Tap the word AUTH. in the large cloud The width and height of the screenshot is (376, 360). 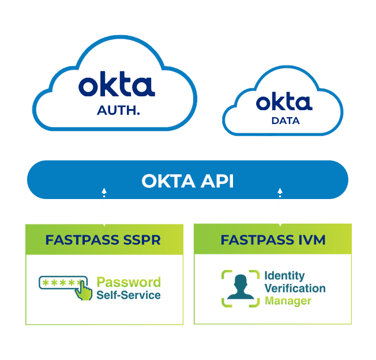point(119,110)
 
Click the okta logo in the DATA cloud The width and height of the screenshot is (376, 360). point(284,103)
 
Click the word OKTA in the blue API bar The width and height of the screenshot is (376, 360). point(167,181)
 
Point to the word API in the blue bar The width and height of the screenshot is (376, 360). point(216,181)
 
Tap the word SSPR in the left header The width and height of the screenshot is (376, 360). point(142,240)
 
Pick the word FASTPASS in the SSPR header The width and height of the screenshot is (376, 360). point(80,240)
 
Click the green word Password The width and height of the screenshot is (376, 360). point(129,283)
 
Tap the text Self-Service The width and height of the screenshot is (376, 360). point(129,295)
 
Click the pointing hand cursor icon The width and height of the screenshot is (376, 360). point(85,290)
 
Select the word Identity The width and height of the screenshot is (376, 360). point(284,275)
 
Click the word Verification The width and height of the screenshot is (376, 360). point(295,288)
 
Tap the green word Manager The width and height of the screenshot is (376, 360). point(288,301)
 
